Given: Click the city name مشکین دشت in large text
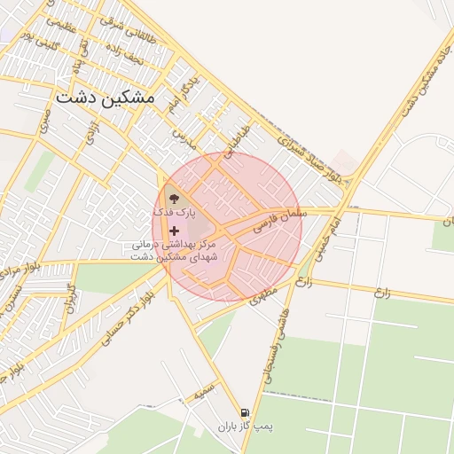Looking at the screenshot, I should pyautogui.click(x=105, y=98).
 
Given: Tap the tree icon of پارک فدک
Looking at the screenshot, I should pyautogui.click(x=173, y=197).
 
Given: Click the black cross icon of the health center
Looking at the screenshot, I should pyautogui.click(x=174, y=230).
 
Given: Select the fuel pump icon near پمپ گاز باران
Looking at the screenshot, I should pyautogui.click(x=245, y=412).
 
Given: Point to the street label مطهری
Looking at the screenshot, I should pyautogui.click(x=263, y=293).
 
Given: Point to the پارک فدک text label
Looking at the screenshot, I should pyautogui.click(x=170, y=214).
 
